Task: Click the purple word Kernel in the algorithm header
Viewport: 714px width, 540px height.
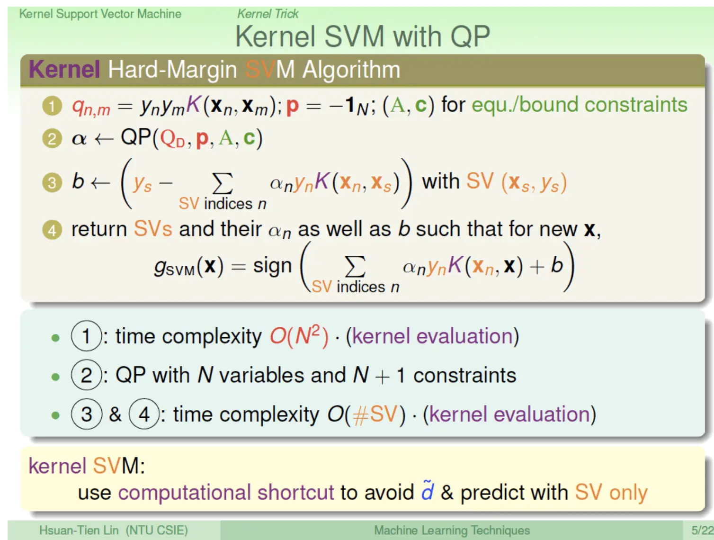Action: [64, 70]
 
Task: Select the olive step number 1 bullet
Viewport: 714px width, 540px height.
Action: [52, 106]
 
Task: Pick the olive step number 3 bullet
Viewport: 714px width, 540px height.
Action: [52, 182]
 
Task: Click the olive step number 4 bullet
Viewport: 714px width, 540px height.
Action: [52, 230]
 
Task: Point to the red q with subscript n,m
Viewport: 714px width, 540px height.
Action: [91, 107]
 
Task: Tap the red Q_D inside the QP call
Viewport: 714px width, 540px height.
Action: [172, 139]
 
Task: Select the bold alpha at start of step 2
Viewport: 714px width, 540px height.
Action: [79, 139]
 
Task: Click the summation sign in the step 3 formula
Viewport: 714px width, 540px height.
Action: [223, 183]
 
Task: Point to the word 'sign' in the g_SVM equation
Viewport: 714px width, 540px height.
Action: [272, 266]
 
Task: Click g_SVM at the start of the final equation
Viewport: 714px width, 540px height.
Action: [175, 268]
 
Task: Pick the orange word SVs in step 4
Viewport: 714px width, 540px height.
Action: [152, 228]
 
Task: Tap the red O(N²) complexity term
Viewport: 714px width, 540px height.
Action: [299, 336]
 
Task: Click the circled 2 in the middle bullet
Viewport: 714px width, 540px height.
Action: [86, 375]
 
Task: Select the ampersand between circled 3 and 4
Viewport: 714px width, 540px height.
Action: [115, 414]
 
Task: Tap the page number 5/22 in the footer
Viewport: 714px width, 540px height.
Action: [702, 530]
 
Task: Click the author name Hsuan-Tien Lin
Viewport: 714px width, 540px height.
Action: [79, 530]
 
